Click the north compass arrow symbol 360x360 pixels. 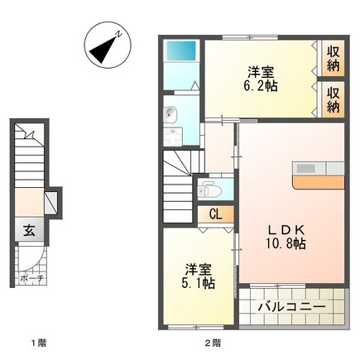[107, 46]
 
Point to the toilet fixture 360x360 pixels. [207, 189]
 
